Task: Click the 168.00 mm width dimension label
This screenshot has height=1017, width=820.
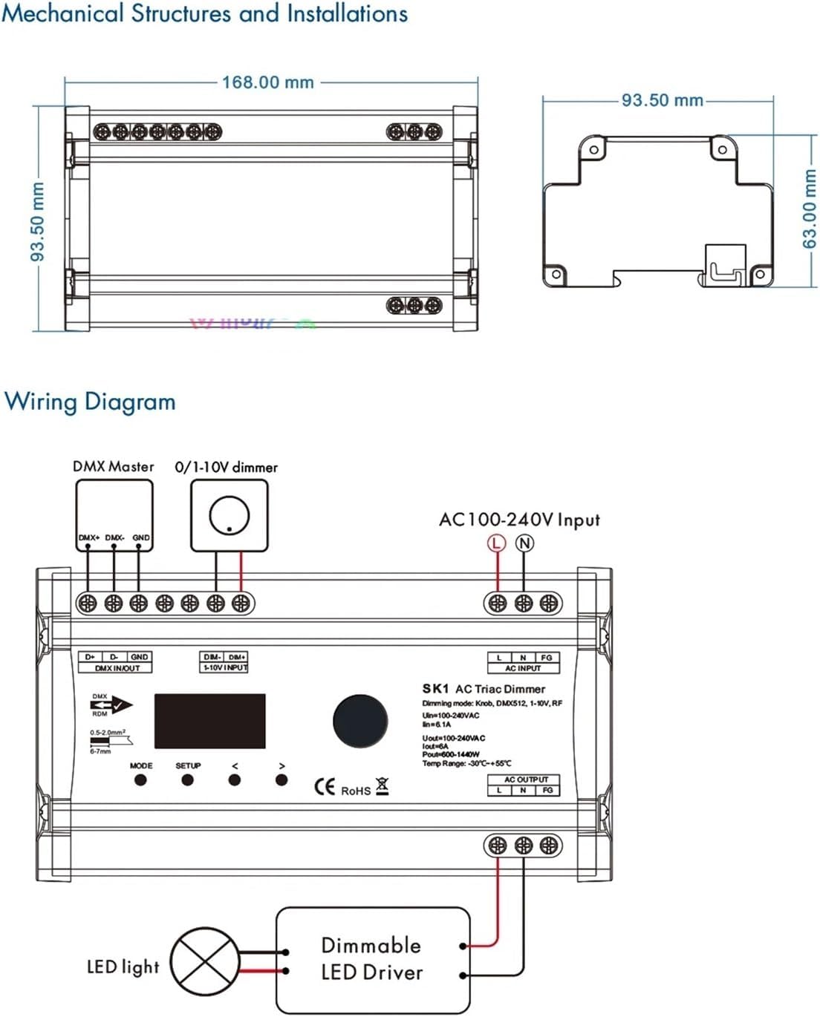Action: [x=267, y=82]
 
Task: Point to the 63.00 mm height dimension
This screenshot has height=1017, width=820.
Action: [x=809, y=209]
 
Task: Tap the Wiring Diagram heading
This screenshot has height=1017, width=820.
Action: [x=90, y=402]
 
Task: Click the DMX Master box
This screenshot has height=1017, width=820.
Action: [x=114, y=514]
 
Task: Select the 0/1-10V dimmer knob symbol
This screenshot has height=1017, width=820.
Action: [x=229, y=515]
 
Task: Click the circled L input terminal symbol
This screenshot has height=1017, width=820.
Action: [x=496, y=543]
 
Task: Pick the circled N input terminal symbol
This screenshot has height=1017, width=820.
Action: [x=524, y=543]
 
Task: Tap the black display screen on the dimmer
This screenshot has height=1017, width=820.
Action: [x=209, y=721]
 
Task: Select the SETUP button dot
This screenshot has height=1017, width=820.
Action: [x=187, y=779]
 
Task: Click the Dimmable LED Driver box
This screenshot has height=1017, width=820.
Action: [x=373, y=958]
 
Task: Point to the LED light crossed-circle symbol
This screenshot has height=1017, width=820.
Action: [x=205, y=962]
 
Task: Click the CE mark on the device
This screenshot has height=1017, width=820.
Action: [x=325, y=787]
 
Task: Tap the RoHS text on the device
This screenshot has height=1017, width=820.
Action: [x=356, y=791]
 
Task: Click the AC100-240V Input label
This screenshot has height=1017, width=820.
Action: [x=519, y=520]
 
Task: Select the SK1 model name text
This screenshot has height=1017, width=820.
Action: [x=436, y=689]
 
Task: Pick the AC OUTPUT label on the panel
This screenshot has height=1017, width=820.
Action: [x=526, y=779]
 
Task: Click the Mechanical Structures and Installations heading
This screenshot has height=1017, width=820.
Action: [x=205, y=14]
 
